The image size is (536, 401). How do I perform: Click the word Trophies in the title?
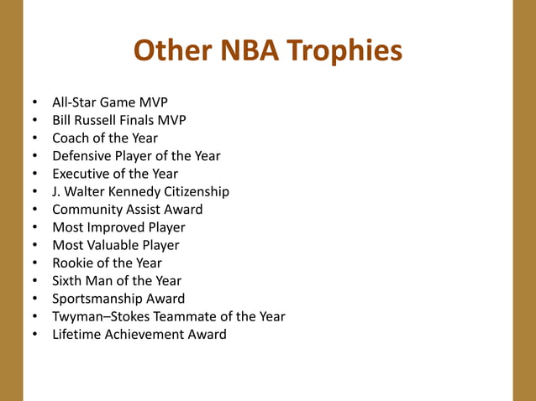pyautogui.click(x=344, y=52)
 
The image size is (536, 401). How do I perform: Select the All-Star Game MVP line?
pyautogui.click(x=110, y=103)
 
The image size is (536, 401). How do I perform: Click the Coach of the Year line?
pyautogui.click(x=105, y=138)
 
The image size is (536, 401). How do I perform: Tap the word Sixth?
pyautogui.click(x=68, y=281)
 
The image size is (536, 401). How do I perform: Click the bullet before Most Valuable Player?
pyautogui.click(x=35, y=246)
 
